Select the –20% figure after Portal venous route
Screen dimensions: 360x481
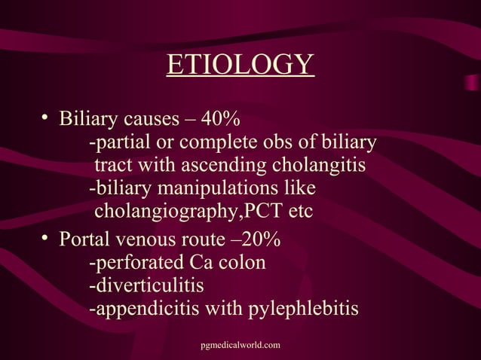click(257, 240)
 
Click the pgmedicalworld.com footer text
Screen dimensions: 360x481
click(240, 344)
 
